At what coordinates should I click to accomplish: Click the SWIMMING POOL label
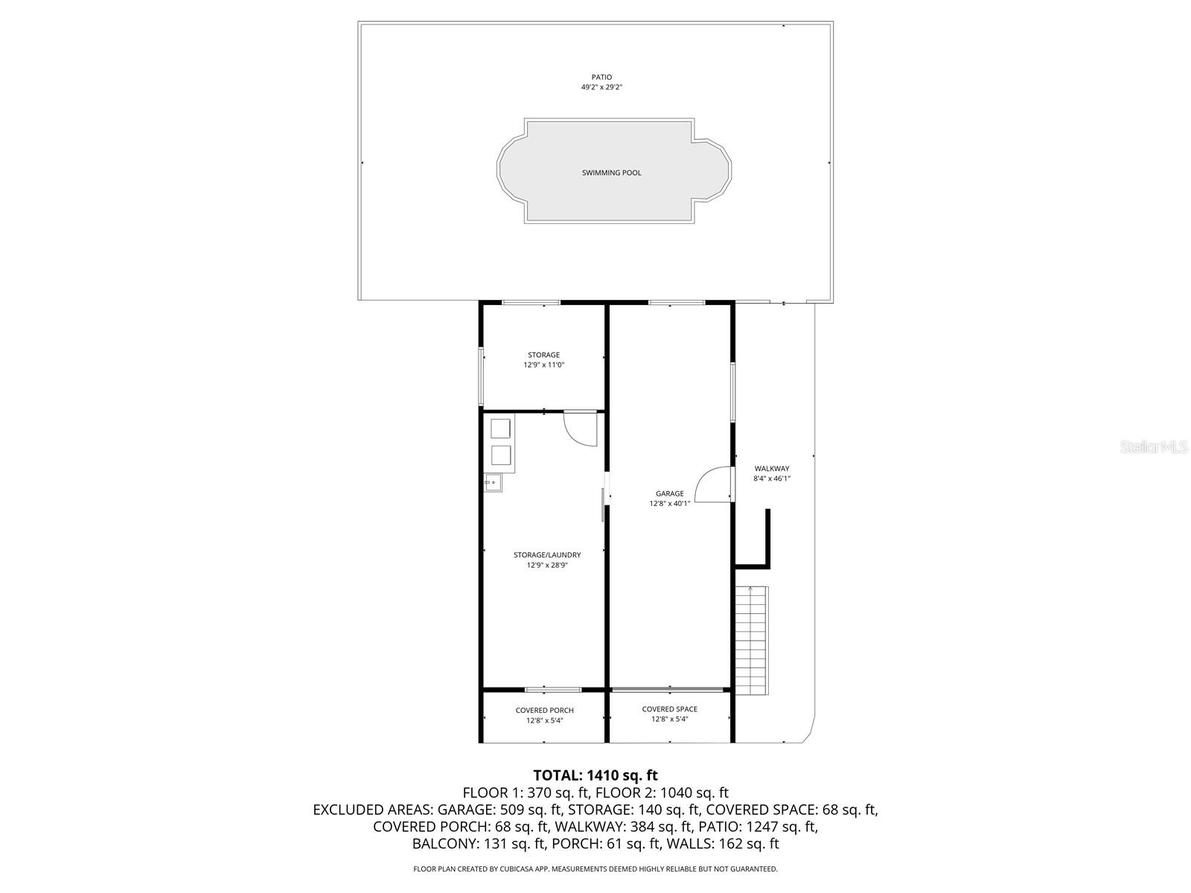click(611, 173)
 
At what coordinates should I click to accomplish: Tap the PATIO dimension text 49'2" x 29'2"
click(601, 87)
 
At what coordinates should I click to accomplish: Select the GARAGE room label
click(669, 493)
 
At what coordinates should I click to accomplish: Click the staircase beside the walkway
click(751, 640)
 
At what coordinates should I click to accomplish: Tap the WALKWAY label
click(771, 469)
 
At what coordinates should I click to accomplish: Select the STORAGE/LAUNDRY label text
click(546, 555)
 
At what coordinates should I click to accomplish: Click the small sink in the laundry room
click(493, 482)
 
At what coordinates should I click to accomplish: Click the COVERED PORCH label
click(544, 711)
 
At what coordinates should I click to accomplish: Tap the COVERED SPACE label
click(669, 709)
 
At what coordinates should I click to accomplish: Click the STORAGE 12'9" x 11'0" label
click(543, 360)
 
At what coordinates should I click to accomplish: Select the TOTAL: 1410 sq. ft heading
click(595, 776)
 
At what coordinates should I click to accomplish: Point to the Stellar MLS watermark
click(1153, 447)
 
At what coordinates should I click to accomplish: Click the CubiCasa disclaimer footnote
click(595, 868)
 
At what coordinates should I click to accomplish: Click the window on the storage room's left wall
click(481, 377)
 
